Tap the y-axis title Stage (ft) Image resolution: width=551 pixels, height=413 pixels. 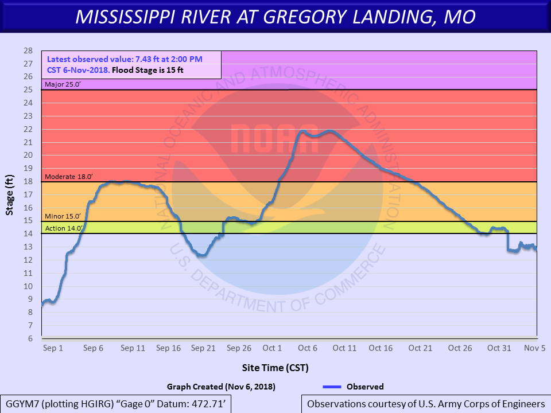(10, 194)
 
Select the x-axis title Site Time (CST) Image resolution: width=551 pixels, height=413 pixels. (275, 368)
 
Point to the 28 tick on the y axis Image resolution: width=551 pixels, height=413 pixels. (28, 50)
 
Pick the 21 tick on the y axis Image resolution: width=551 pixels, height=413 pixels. (28, 142)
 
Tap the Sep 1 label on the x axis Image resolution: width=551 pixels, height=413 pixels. (53, 348)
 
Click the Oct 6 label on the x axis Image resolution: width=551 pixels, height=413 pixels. (308, 348)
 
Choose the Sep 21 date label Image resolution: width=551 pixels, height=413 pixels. (203, 348)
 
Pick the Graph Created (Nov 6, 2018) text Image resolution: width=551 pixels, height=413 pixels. (221, 387)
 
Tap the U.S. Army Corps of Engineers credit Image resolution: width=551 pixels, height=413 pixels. (425, 404)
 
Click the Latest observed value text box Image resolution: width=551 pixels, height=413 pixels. (131, 65)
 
